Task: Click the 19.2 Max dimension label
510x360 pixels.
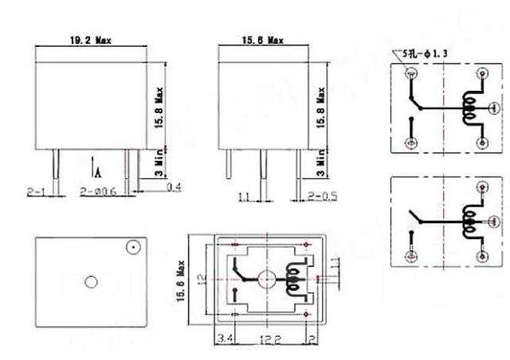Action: pyautogui.click(x=92, y=39)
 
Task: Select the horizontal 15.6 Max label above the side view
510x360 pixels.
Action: pyautogui.click(x=263, y=39)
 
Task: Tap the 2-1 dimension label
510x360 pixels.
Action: pyautogui.click(x=37, y=192)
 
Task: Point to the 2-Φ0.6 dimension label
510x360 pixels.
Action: pyautogui.click(x=99, y=192)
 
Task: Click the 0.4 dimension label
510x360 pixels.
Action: pyautogui.click(x=174, y=187)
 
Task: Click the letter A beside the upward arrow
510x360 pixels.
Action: pyautogui.click(x=97, y=171)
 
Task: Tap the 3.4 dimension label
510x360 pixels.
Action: pyautogui.click(x=225, y=340)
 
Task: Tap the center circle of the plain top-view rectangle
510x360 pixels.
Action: pyautogui.click(x=91, y=281)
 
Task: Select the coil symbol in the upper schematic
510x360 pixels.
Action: pyautogui.click(x=469, y=109)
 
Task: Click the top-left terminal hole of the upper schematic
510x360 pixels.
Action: pyautogui.click(x=411, y=75)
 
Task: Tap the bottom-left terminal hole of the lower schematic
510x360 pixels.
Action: pyautogui.click(x=411, y=256)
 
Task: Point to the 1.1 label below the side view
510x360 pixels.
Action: pyautogui.click(x=244, y=196)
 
